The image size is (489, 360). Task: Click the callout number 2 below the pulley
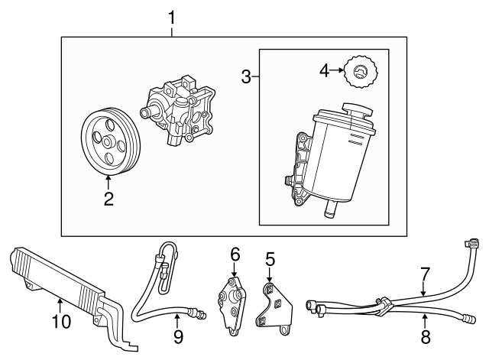tap(108, 199)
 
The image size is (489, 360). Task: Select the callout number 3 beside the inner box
tap(246, 76)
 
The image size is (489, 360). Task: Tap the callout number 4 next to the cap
tap(325, 71)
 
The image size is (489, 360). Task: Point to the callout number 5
tap(270, 260)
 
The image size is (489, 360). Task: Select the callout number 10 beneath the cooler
tap(60, 322)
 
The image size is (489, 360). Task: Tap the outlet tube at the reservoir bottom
tap(331, 208)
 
